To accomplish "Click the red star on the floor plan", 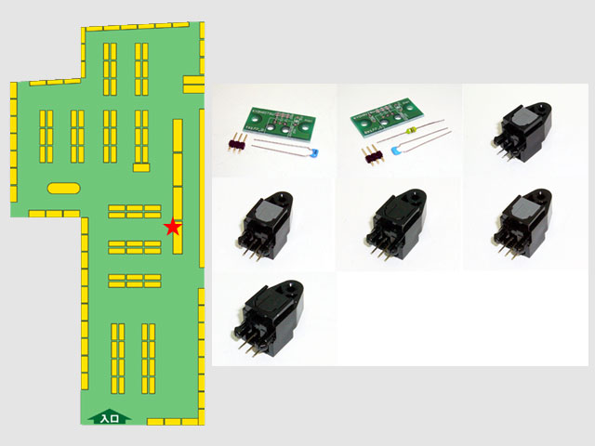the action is click(172, 227).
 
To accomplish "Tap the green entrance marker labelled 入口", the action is click(110, 418).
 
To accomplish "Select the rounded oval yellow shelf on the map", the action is click(63, 188).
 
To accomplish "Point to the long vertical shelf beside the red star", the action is click(178, 186).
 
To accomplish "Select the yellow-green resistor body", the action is click(425, 126).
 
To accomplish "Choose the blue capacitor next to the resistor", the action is click(399, 146).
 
